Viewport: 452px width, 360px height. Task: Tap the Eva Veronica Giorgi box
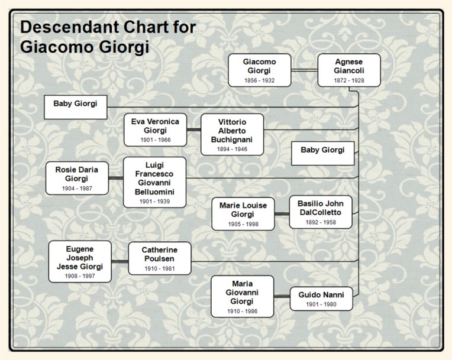[155, 130]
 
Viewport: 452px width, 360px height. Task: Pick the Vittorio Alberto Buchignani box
[232, 134]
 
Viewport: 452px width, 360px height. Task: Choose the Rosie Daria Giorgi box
[77, 177]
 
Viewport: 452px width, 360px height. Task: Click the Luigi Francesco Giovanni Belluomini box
[154, 181]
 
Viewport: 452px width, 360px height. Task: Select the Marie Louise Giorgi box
[243, 213]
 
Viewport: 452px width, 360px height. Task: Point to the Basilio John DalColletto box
[321, 211]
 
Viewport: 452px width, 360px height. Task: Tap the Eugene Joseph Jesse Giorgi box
[80, 261]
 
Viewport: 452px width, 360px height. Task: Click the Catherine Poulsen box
[160, 258]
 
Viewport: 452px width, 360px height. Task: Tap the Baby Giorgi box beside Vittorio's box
[322, 154]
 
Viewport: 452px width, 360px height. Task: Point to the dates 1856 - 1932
[259, 80]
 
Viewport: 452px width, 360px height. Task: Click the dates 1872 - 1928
[348, 80]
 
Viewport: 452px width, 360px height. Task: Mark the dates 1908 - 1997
[80, 275]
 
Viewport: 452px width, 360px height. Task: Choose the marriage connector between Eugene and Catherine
[120, 261]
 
